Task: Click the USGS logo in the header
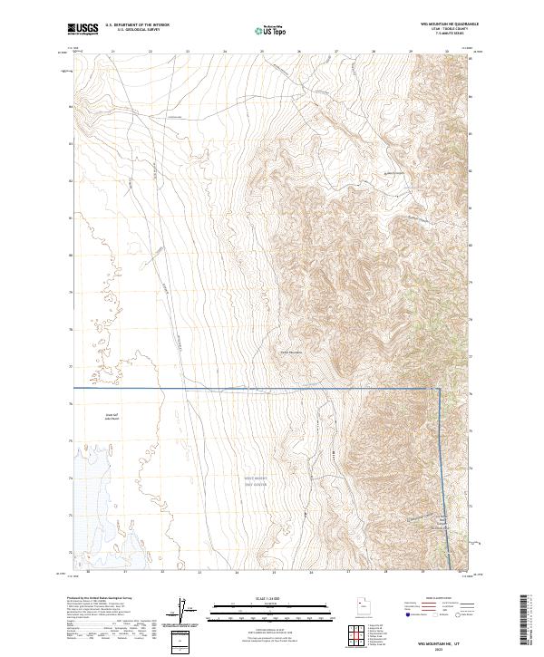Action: coord(83,30)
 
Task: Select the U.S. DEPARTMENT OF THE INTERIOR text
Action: coord(137,25)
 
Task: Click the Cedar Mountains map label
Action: coord(289,353)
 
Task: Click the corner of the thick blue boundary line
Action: coord(440,389)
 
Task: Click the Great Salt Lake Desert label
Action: coord(112,418)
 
